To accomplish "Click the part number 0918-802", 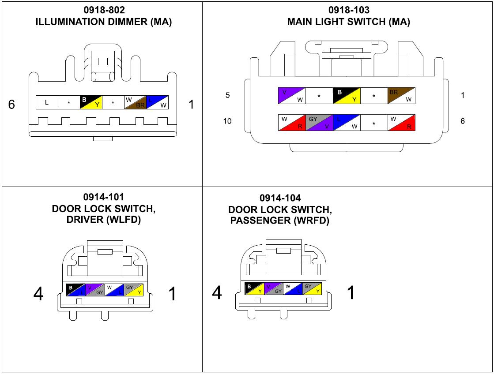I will pos(104,10).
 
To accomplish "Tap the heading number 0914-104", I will pos(280,198).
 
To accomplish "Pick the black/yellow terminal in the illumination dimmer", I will pos(91,102).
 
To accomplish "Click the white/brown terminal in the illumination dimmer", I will pos(135,102).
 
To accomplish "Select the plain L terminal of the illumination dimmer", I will pos(47,103).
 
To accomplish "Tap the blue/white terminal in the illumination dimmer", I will pos(157,102).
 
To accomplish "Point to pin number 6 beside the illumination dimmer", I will pos(12,105).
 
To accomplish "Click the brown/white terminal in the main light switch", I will pos(401,96).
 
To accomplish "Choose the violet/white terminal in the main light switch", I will pos(292,96).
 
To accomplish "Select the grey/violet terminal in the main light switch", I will pos(319,123).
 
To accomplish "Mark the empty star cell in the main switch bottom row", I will pos(374,123).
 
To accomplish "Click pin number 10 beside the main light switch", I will pos(227,121).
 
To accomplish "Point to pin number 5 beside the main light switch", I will pos(228,95).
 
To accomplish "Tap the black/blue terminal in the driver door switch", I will pos(75,290).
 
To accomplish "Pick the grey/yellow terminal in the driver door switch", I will pos(134,290).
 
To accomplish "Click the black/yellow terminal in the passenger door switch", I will pos(254,288).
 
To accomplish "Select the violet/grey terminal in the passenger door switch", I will pos(274,288).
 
